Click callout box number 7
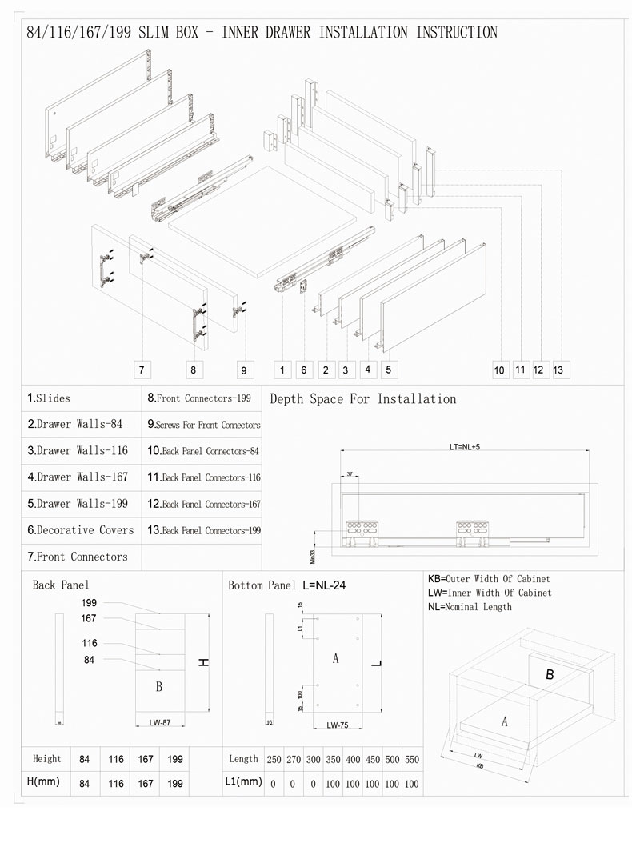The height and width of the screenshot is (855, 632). [140, 370]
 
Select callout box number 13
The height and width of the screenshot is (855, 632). [558, 370]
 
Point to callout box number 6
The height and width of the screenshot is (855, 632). [303, 370]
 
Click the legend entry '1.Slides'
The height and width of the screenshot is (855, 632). [49, 398]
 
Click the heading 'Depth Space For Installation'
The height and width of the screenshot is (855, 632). [363, 398]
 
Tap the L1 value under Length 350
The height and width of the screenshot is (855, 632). [333, 784]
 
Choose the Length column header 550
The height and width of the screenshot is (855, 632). [412, 759]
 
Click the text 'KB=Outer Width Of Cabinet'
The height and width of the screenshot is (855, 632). [489, 578]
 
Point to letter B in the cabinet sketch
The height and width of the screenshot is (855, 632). [550, 674]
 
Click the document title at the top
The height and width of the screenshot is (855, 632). [262, 33]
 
